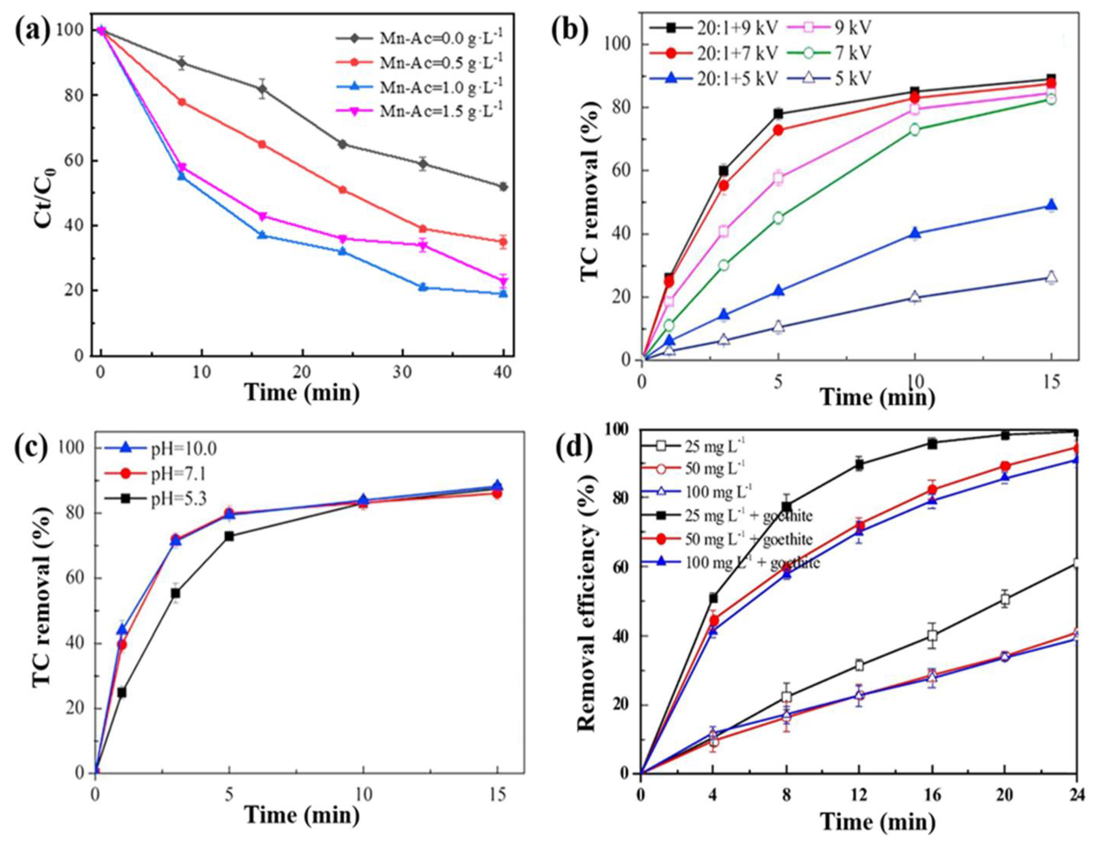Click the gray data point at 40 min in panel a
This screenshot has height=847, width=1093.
503,187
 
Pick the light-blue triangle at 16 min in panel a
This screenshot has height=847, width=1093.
262,235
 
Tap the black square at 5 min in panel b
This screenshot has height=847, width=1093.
778,114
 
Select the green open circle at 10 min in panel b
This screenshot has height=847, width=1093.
915,130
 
